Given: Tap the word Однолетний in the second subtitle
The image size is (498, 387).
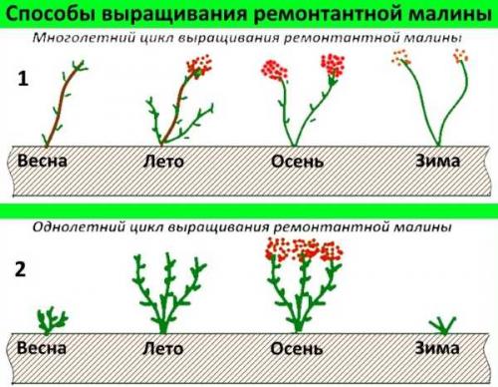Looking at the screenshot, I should point(75,227).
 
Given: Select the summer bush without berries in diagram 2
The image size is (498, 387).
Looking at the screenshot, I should point(164,289).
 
